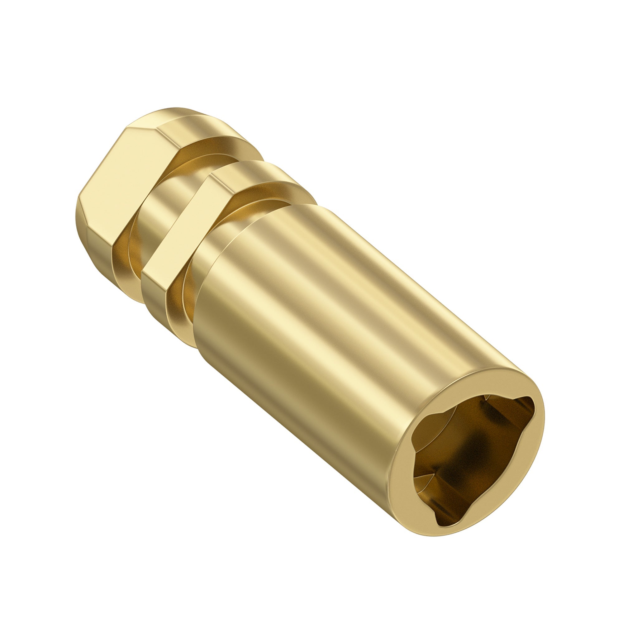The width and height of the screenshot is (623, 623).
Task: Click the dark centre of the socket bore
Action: (x=474, y=451)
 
